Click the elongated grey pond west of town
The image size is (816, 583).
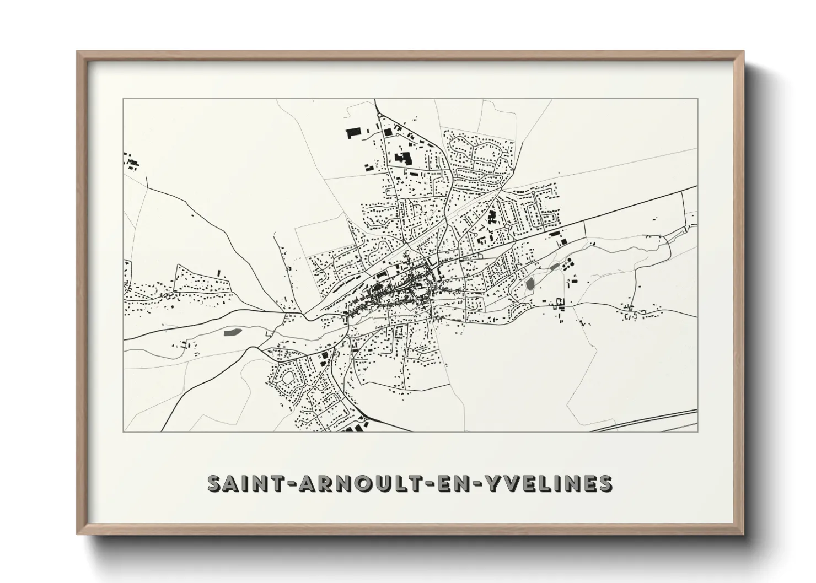(x=232, y=332)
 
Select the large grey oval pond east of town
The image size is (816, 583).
(x=530, y=284)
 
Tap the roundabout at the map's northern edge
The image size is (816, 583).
(x=380, y=115)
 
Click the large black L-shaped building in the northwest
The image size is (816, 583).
(x=404, y=159)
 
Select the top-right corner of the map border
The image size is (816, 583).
(x=697, y=99)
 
